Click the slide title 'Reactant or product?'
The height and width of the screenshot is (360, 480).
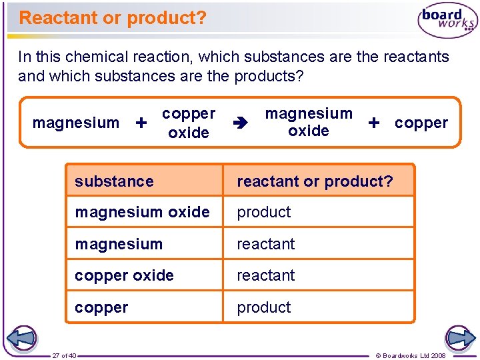tap(113, 18)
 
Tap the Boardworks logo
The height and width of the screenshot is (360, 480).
tap(447, 21)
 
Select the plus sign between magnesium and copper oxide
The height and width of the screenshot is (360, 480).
tap(141, 123)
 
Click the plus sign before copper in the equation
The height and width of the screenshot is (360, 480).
tap(374, 123)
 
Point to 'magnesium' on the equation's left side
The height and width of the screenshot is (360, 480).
tap(76, 123)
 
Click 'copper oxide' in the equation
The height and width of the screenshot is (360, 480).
tap(189, 123)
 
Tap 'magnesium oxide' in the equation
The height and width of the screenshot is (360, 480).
tap(309, 122)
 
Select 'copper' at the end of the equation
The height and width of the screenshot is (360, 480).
tap(421, 123)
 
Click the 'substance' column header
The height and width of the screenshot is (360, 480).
tap(114, 181)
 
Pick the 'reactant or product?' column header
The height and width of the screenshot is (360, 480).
tap(315, 181)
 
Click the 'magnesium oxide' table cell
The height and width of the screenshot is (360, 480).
tap(142, 212)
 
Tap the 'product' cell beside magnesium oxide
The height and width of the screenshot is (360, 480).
tap(264, 212)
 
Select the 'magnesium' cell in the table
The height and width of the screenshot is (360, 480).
tap(119, 244)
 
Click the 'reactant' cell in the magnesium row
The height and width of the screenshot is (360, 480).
tap(266, 244)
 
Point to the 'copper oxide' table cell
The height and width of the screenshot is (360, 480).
tap(124, 275)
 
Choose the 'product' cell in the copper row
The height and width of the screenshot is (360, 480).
tap(264, 307)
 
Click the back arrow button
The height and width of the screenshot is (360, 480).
tap(21, 337)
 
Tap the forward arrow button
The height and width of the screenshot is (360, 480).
tap(460, 337)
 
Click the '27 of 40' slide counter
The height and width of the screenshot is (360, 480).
tap(65, 355)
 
